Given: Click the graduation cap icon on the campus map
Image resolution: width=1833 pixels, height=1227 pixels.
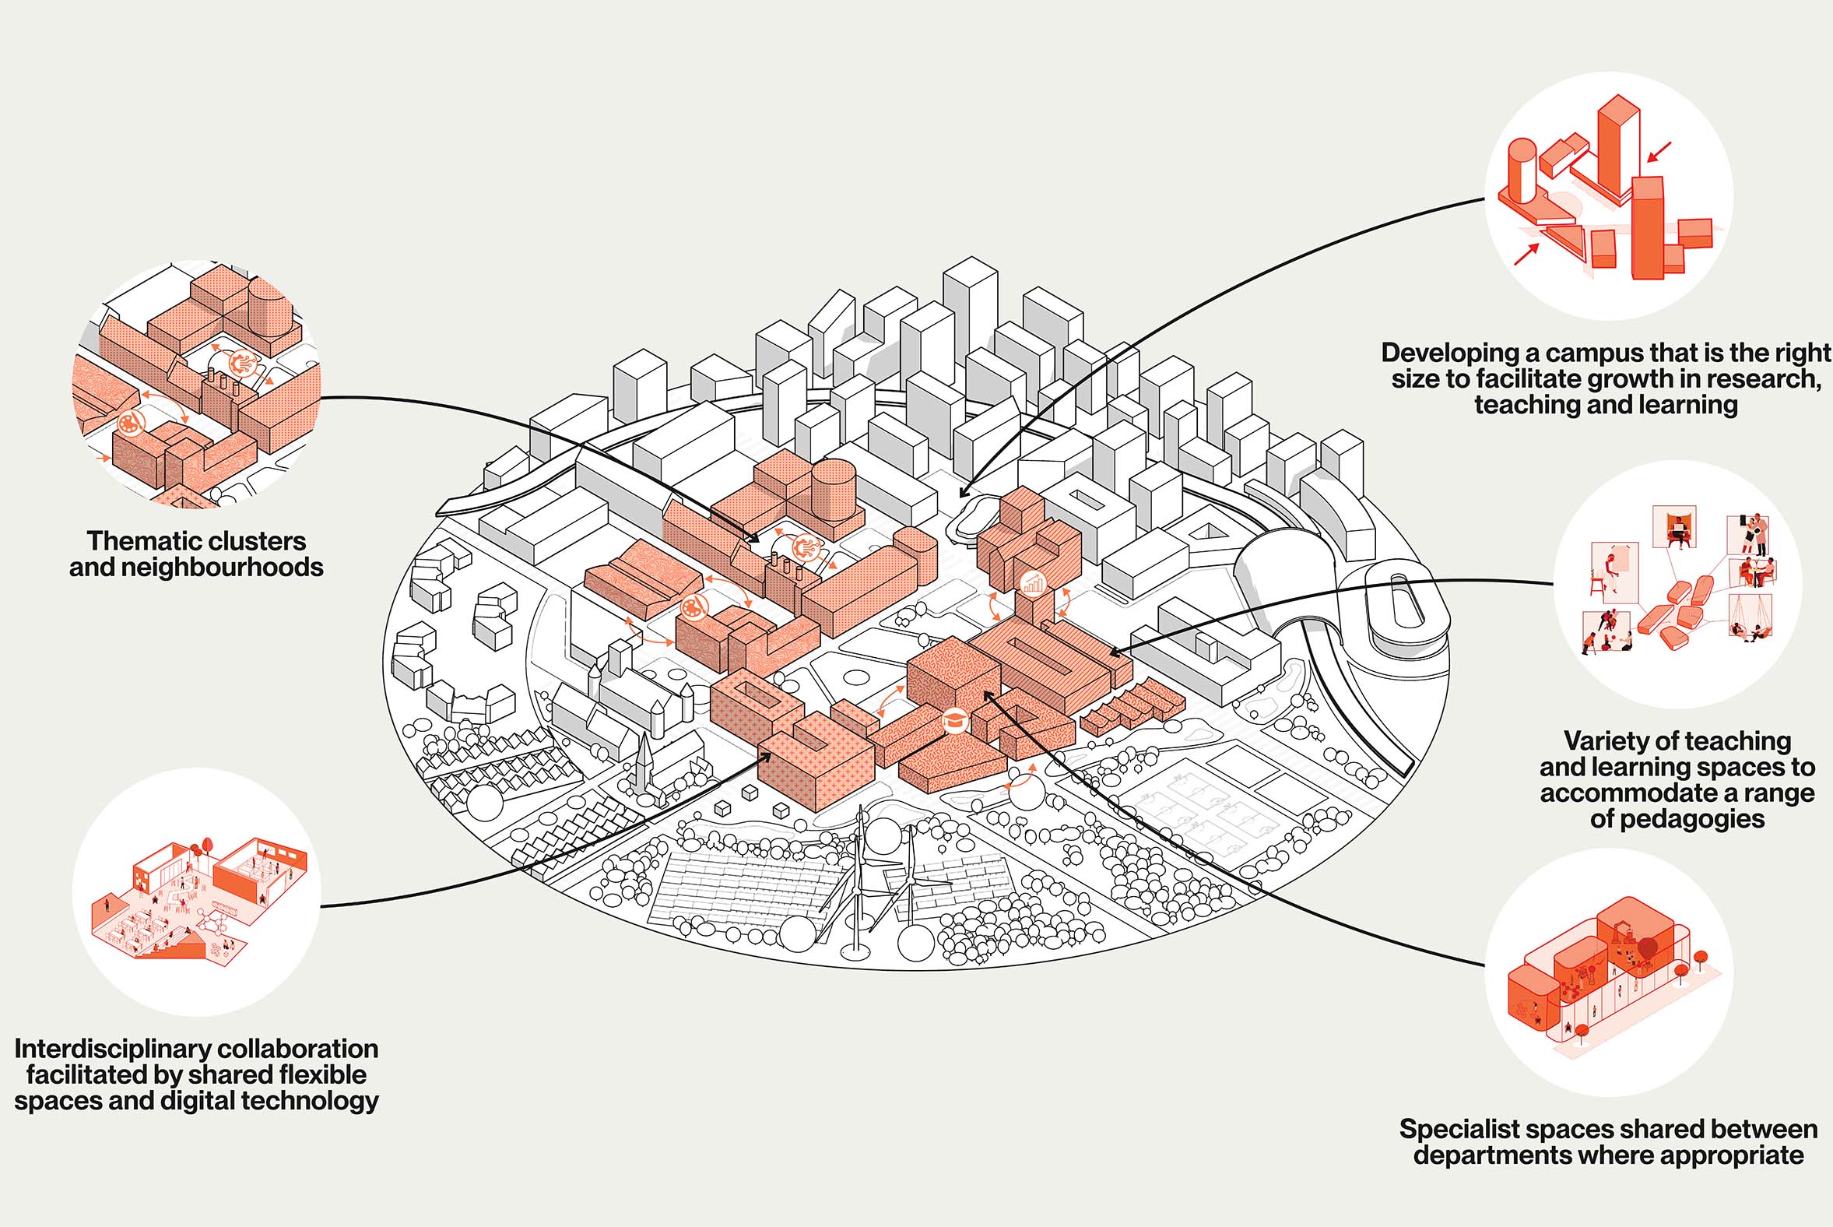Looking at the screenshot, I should point(953,721).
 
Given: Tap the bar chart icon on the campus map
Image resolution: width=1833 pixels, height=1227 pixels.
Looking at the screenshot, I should point(1034,583).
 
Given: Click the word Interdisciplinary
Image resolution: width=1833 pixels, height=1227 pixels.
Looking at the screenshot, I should point(104,1049).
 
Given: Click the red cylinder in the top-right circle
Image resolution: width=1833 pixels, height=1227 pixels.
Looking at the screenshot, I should point(1522,171).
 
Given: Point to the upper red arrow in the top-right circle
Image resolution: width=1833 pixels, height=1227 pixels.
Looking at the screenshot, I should point(1659,153).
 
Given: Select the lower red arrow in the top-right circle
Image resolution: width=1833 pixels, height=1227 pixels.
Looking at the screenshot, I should point(1526,255).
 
